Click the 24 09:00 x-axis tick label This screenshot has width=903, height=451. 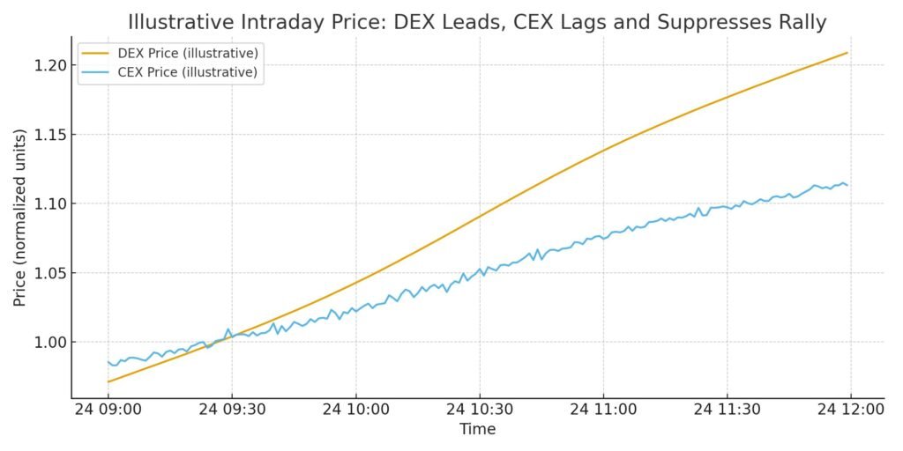108,410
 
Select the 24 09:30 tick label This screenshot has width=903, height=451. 232,410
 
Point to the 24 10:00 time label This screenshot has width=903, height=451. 355,410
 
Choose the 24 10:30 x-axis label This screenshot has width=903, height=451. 479,410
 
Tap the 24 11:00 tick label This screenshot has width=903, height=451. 603,410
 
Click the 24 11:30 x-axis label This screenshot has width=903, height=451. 727,410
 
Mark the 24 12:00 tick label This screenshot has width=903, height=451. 850,410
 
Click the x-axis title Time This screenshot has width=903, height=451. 477,430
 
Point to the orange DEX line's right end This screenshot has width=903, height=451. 847,53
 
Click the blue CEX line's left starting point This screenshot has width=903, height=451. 108,361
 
